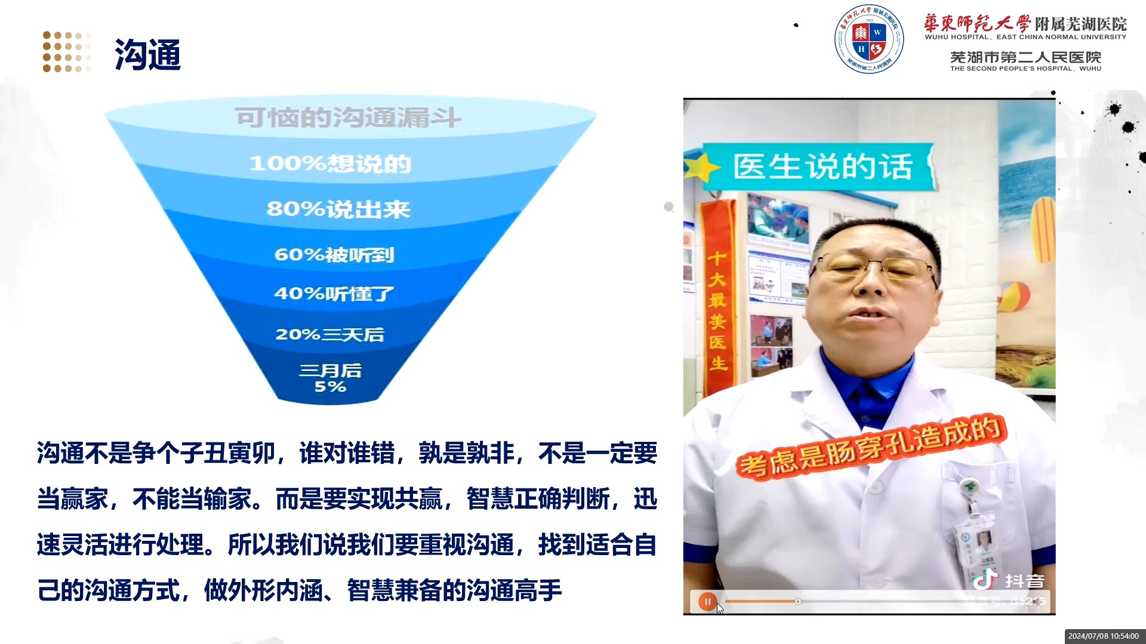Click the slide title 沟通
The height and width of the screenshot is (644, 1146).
click(x=147, y=55)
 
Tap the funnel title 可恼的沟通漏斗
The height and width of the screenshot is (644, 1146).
click(x=348, y=117)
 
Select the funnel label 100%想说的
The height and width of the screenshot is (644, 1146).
click(x=330, y=163)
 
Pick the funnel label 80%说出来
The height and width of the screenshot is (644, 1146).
click(x=338, y=209)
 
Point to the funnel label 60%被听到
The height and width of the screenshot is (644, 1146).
click(x=334, y=255)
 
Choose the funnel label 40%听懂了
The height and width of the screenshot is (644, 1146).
click(x=334, y=293)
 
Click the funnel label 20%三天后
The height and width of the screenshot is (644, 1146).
click(x=329, y=334)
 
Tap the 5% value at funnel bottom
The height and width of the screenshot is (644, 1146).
click(x=330, y=387)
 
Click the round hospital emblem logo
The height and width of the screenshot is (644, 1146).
click(x=868, y=39)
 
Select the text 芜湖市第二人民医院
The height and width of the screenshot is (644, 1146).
click(x=1025, y=57)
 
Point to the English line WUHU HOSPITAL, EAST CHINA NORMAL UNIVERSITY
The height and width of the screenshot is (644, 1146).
click(x=1025, y=37)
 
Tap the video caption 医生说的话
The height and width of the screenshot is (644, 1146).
click(x=822, y=166)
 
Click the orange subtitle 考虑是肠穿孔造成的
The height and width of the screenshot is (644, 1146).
click(x=871, y=447)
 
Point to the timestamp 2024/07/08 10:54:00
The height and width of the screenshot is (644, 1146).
click(x=1104, y=636)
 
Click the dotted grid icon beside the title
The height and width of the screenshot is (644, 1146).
click(x=67, y=52)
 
